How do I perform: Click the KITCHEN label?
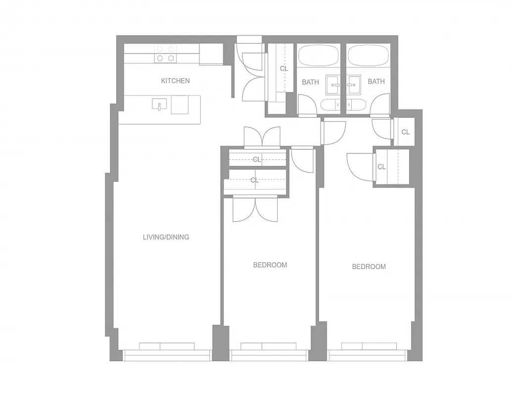click(175, 81)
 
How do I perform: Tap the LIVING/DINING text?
click(166, 237)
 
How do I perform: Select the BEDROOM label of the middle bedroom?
click(270, 265)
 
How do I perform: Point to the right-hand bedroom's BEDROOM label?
click(369, 267)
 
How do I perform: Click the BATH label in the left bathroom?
click(310, 82)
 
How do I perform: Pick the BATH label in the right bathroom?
click(376, 82)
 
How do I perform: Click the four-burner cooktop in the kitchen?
click(165, 53)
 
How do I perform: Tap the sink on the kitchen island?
click(159, 104)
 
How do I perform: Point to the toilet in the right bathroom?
click(356, 104)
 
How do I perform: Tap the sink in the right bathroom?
click(353, 85)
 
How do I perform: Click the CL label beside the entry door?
click(284, 69)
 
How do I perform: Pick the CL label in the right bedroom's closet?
click(381, 167)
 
